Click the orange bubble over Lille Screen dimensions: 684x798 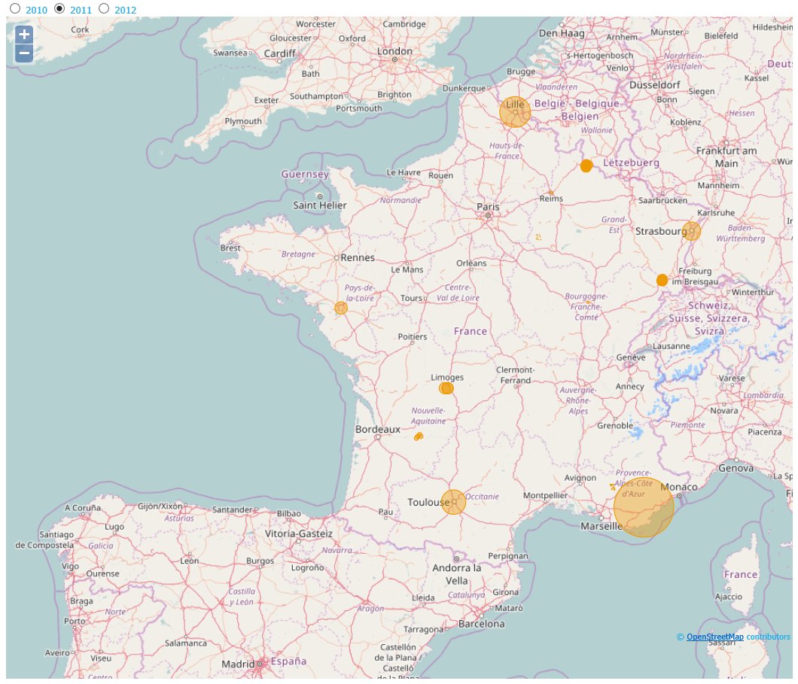515,111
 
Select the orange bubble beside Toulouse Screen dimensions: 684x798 453,502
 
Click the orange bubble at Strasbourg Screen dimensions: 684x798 692,231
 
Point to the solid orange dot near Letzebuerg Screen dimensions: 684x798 586,166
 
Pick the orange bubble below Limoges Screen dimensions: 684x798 446,388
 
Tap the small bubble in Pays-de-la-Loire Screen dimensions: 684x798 341,308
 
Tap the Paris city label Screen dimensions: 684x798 488,206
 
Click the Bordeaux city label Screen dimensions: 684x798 377,429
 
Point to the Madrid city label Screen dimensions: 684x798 238,664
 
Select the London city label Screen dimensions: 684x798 394,51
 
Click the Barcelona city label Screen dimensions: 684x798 481,624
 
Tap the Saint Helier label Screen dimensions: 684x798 320,205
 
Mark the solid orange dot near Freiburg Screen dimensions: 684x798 662,280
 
